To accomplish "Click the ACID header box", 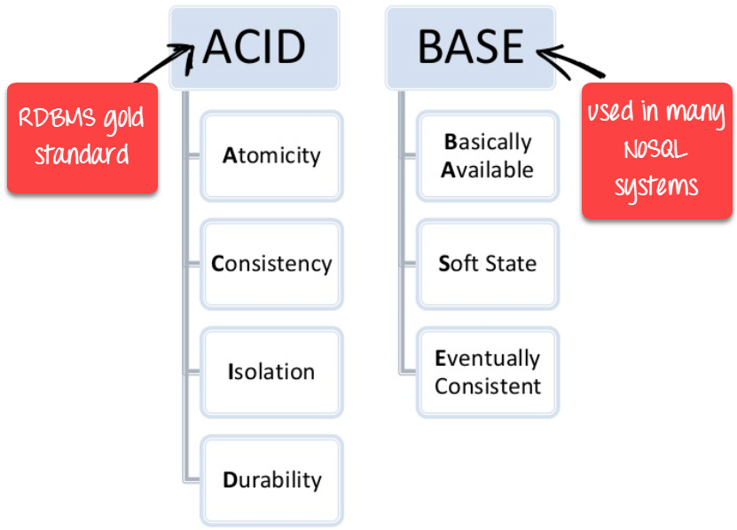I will (x=254, y=47).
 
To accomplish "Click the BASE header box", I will (x=469, y=47).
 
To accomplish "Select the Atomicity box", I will (x=271, y=155).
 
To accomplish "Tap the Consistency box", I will (x=271, y=264).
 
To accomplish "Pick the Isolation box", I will (x=271, y=371).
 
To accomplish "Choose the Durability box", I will (x=271, y=480).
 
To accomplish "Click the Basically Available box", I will (x=488, y=155).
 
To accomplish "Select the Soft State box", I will (x=488, y=264).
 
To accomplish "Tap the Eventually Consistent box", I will (x=488, y=372).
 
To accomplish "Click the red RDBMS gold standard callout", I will (x=82, y=138).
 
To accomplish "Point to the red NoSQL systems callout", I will (x=656, y=150).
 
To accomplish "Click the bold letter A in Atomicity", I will (x=229, y=155).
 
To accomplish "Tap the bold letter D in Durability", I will (x=229, y=480).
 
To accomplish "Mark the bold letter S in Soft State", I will (x=444, y=264).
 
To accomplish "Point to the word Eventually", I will (x=487, y=359).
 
